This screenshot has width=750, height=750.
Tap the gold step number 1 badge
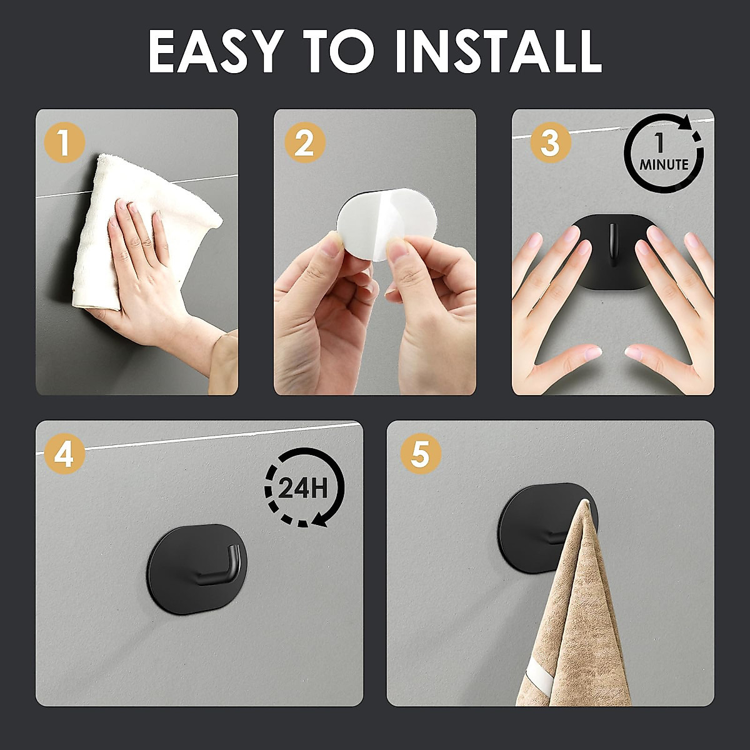pyautogui.click(x=64, y=142)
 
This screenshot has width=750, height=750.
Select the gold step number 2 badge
pyautogui.click(x=304, y=143)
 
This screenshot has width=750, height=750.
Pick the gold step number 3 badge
pyautogui.click(x=550, y=142)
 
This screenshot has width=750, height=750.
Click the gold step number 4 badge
pyautogui.click(x=64, y=454)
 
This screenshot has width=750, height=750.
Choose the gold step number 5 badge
pyautogui.click(x=420, y=454)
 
